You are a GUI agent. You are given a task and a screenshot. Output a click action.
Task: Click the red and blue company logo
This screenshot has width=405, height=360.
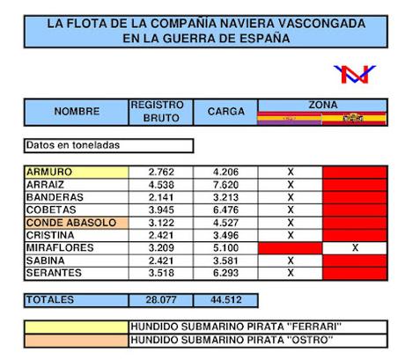tap(355, 75)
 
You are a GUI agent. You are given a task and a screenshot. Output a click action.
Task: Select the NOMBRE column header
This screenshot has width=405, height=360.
tap(77, 112)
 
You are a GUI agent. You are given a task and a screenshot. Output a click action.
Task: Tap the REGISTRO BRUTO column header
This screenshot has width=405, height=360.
tap(157, 111)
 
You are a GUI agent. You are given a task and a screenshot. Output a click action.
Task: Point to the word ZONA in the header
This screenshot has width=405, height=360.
tap(321, 104)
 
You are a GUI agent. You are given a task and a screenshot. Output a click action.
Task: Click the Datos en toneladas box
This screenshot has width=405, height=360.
tap(108, 145)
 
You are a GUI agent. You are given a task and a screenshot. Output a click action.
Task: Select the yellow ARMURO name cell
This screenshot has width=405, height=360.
tap(77, 172)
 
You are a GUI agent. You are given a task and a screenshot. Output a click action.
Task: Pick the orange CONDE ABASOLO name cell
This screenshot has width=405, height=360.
tap(77, 223)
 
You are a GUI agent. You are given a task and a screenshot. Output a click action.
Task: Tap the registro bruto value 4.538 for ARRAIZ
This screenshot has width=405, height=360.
tap(157, 185)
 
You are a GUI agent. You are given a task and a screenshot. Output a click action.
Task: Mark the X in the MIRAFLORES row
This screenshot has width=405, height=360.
tap(355, 248)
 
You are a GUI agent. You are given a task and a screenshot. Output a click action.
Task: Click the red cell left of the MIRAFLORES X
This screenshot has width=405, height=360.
tap(290, 248)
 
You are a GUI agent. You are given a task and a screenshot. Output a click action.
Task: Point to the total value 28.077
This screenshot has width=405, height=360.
tap(157, 300)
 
